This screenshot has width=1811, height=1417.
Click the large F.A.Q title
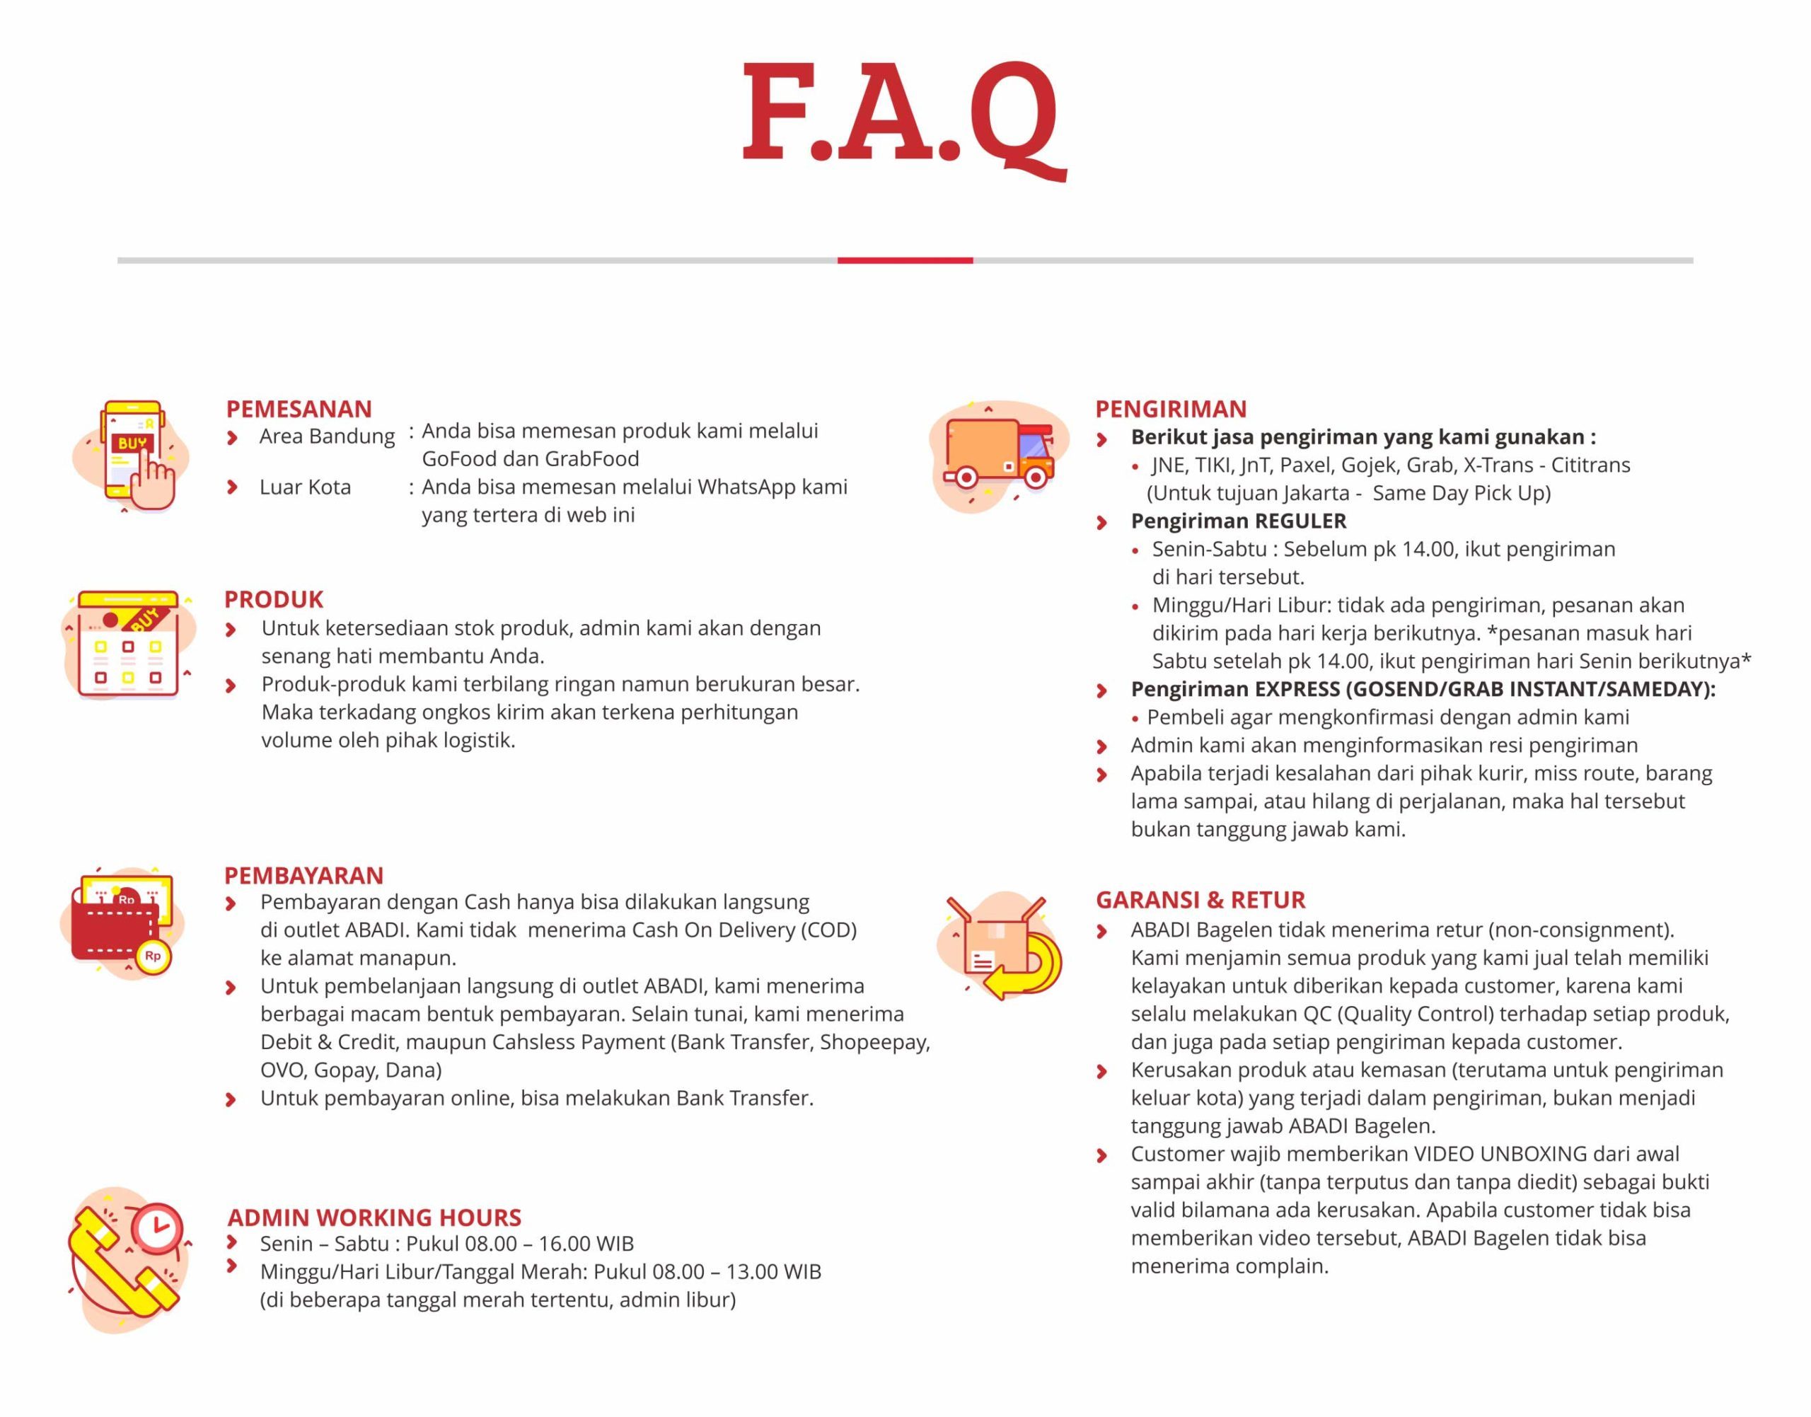coord(903,116)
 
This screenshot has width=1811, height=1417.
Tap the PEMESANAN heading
coord(299,409)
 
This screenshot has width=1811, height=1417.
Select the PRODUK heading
coord(273,599)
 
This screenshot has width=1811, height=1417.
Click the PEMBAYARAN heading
coord(303,875)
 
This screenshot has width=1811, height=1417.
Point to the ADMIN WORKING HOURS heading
coord(374,1217)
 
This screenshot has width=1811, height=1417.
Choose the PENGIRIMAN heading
coord(1171,409)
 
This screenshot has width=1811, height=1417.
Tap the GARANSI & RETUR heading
coord(1200,899)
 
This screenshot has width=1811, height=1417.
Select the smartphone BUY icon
coord(133,455)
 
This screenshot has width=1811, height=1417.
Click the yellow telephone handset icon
coord(125,1261)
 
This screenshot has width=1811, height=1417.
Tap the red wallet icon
coord(120,925)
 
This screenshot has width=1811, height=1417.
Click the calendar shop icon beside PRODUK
coord(129,643)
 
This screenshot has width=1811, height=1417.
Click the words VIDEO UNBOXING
coord(1500,1153)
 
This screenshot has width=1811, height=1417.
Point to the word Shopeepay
coord(874,1042)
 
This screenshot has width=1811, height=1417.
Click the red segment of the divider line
coord(904,260)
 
